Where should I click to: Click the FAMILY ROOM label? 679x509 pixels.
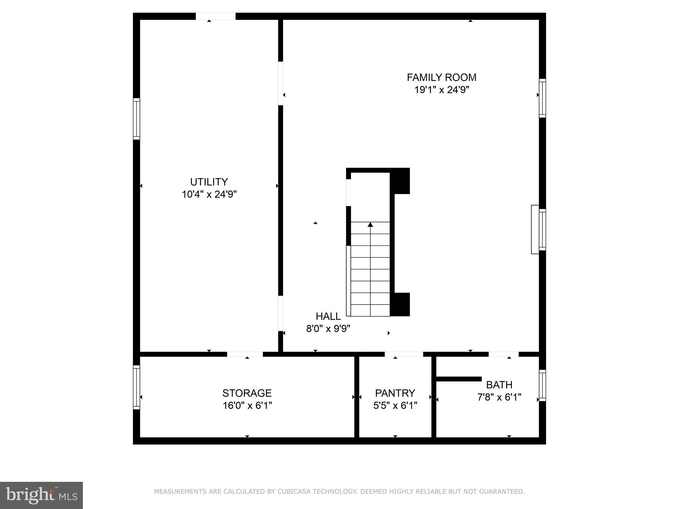441,78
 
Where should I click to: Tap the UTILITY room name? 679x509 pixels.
209,182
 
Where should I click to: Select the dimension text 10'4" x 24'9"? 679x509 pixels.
209,194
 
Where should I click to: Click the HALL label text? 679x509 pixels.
328,316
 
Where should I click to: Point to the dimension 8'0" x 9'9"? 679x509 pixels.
328,329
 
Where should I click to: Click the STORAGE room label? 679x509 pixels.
247,393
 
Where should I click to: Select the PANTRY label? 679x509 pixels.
395,393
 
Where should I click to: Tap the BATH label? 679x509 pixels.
499,385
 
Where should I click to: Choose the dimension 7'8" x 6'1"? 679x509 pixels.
499,397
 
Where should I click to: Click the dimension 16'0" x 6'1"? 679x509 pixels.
247,406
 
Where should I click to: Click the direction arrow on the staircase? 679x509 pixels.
370,225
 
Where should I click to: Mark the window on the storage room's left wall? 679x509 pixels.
136,387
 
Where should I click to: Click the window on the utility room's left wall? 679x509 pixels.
136,119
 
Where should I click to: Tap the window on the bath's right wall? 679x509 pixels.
542,385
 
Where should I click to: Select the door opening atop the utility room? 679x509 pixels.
216,16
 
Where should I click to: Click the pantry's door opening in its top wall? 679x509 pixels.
403,354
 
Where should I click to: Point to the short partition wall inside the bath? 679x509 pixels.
459,379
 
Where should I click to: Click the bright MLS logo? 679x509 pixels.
41,495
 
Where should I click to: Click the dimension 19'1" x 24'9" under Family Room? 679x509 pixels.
441,90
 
